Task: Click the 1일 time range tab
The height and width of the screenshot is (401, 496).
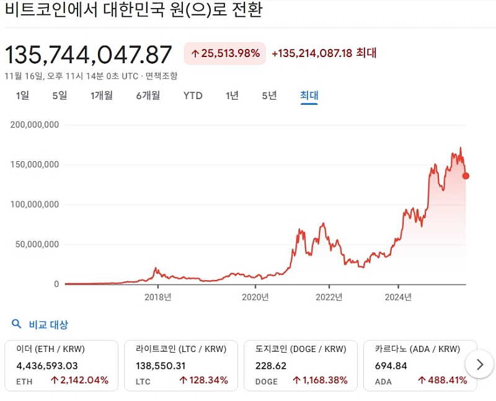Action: point(22,95)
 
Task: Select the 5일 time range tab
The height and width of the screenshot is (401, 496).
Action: point(60,95)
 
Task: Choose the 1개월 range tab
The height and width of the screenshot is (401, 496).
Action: point(101,95)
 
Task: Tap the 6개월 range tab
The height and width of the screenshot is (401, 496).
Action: point(148,95)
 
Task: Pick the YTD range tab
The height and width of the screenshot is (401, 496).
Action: point(193,95)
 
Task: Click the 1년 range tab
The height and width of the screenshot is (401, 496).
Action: point(232,95)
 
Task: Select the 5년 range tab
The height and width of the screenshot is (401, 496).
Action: point(269,95)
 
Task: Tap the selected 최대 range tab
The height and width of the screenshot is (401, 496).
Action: point(309,95)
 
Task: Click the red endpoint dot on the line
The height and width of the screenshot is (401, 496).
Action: point(466,176)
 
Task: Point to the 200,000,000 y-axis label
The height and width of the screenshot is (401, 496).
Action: point(35,125)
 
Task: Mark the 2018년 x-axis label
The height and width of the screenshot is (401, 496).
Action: point(157,297)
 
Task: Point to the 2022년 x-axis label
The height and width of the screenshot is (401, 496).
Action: point(329,297)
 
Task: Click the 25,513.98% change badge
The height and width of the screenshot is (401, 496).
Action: point(225,53)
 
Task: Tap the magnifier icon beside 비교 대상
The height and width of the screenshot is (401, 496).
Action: point(17,324)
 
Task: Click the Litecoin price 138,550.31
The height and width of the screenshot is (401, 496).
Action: point(161,366)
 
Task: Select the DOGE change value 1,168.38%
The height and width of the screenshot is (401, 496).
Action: point(320,380)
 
